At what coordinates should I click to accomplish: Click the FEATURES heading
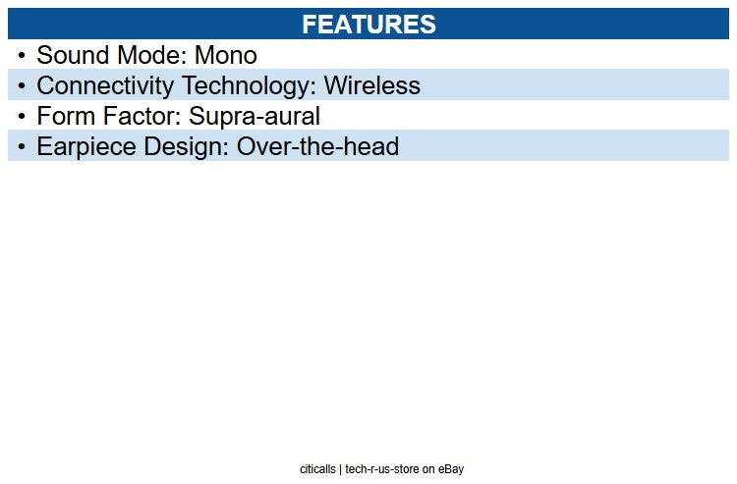(368, 25)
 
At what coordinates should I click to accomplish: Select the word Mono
(225, 56)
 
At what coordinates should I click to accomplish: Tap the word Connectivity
(106, 86)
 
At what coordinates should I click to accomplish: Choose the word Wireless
(371, 86)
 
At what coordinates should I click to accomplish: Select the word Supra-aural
(255, 117)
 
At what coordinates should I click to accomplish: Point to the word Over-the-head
(317, 147)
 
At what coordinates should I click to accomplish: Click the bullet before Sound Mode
(22, 56)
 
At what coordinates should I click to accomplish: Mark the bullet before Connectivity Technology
(22, 86)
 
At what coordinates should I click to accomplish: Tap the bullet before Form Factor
(22, 117)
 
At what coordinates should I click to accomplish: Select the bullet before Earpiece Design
(22, 147)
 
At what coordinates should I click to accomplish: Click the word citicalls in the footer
(318, 469)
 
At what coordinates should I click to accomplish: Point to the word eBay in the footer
(451, 469)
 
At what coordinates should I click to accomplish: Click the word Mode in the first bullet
(151, 56)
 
